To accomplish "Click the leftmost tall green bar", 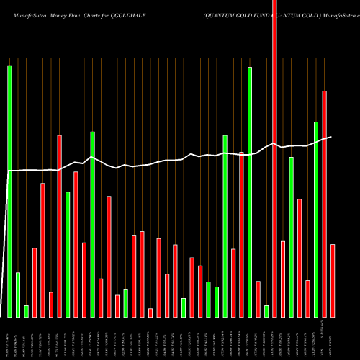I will tap(9, 191).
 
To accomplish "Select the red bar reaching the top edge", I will tap(274, 158).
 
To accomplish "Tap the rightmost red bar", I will tap(333, 281).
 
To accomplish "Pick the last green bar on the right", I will tap(315, 220).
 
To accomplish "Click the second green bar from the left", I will tap(18, 294).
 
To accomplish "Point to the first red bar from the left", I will tap(35, 282).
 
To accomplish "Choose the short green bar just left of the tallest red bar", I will tap(266, 311).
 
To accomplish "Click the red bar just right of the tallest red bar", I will tap(283, 279).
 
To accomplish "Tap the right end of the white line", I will tap(331, 137).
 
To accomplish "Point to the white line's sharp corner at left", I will tap(9, 171).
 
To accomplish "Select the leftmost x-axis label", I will tap(9, 337).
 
